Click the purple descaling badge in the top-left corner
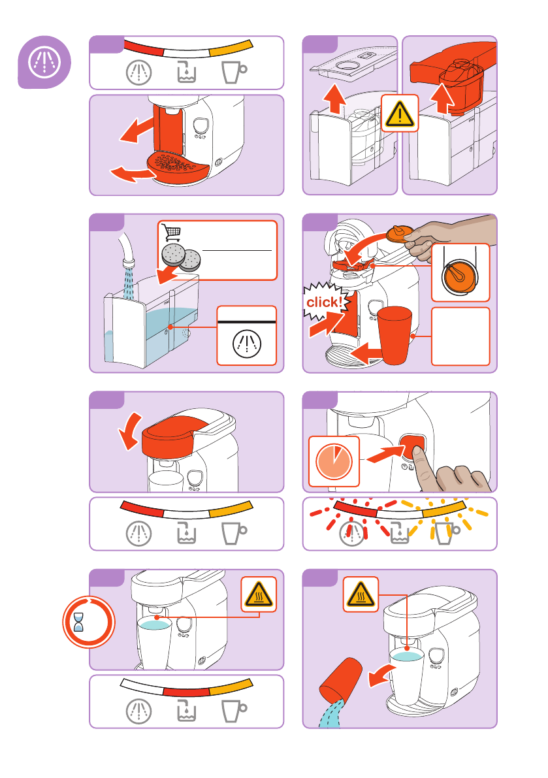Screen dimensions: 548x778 pos(44,62)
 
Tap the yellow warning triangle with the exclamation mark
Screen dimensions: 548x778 pos(400,113)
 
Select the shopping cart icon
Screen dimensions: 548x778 pos(171,232)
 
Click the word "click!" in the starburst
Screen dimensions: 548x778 pos(325,302)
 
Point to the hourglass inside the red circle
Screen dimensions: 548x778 pos(78,622)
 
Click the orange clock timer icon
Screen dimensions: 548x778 pos(334,461)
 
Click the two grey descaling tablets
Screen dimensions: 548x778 pos(181,257)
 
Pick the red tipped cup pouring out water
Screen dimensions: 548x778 pos(340,678)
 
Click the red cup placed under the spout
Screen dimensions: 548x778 pos(395,334)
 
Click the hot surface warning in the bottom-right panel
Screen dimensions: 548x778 pos(361,594)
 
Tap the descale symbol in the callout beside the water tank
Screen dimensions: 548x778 pos(247,344)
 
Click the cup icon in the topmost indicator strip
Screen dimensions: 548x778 pos(234,73)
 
